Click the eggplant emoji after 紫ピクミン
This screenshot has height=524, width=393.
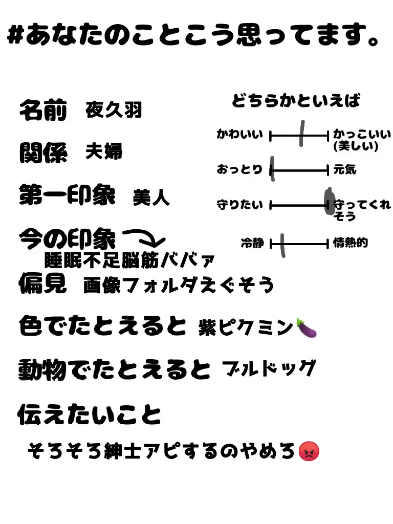click(x=307, y=328)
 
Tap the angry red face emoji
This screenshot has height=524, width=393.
click(x=309, y=451)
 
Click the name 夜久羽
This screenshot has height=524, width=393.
click(x=114, y=110)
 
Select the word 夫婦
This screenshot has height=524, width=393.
click(x=104, y=152)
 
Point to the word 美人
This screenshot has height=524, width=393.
click(x=151, y=198)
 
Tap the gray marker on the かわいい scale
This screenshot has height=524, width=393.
click(x=302, y=134)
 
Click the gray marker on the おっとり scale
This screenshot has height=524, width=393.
click(x=272, y=169)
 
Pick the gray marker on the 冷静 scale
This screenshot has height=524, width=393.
click(x=282, y=245)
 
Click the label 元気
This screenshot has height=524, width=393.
click(x=345, y=169)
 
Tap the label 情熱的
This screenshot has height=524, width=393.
click(x=350, y=243)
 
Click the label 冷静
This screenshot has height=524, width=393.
click(x=252, y=243)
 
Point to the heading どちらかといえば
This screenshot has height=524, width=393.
click(x=296, y=101)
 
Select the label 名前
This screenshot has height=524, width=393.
click(x=43, y=110)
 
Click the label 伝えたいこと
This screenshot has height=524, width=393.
click(x=90, y=414)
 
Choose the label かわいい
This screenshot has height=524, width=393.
click(x=239, y=135)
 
